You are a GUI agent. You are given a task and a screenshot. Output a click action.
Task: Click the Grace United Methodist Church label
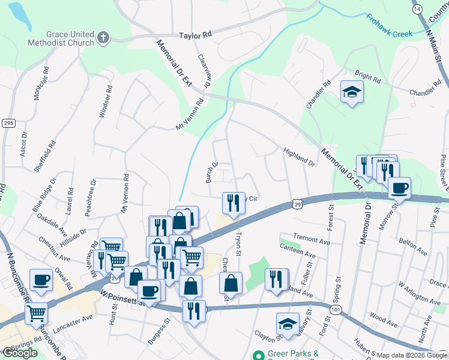pyautogui.click(x=61, y=38)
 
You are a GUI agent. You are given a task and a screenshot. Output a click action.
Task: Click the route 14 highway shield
pyautogui.click(x=417, y=9)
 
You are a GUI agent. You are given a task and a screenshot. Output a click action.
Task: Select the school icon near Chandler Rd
pyautogui.click(x=352, y=92)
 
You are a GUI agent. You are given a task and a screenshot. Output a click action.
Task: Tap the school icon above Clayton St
pyautogui.click(x=288, y=324)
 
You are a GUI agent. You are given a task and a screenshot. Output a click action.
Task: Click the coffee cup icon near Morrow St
pyautogui.click(x=399, y=188)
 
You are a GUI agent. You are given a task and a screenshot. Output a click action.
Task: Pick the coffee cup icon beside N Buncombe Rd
pyautogui.click(x=40, y=280)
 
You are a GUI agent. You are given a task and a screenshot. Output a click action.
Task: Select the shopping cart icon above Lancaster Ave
pyautogui.click(x=37, y=313)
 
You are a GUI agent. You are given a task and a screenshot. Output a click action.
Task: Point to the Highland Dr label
pyautogui.click(x=299, y=157)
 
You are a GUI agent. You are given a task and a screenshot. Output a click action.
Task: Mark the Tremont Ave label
pyautogui.click(x=312, y=241)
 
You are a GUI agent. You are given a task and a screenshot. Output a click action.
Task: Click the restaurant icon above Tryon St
pyautogui.click(x=234, y=203)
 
